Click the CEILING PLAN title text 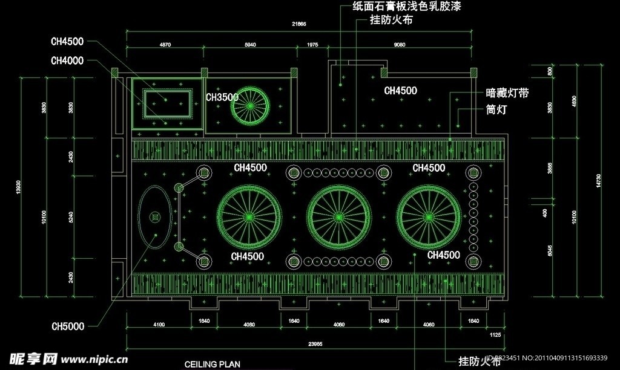pyautogui.click(x=212, y=365)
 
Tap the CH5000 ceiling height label pyautogui.click(x=68, y=327)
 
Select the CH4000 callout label pyautogui.click(x=68, y=60)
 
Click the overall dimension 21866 pyautogui.click(x=299, y=24)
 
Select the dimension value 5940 pyautogui.click(x=250, y=45)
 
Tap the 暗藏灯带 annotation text pyautogui.click(x=507, y=94)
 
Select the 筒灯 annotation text pyautogui.click(x=496, y=110)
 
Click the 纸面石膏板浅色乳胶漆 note pyautogui.click(x=411, y=7)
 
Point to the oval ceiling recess pyautogui.click(x=155, y=216)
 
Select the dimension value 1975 pyautogui.click(x=312, y=45)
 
